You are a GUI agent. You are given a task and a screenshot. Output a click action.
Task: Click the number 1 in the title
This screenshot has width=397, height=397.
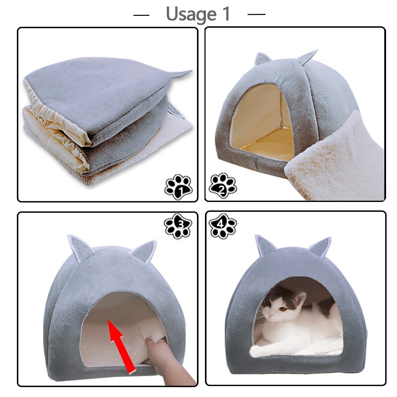click(x=225, y=14)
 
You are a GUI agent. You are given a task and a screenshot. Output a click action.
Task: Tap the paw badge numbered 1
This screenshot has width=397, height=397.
click(x=178, y=186)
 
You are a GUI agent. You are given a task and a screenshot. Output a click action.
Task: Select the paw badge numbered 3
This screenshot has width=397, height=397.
click(x=178, y=226)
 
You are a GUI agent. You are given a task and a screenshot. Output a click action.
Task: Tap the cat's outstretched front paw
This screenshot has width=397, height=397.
click(x=263, y=351)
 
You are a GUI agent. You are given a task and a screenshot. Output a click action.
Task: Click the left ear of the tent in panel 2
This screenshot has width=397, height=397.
click(x=262, y=60)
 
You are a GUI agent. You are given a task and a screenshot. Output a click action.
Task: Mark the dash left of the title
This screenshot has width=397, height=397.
click(x=141, y=15)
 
